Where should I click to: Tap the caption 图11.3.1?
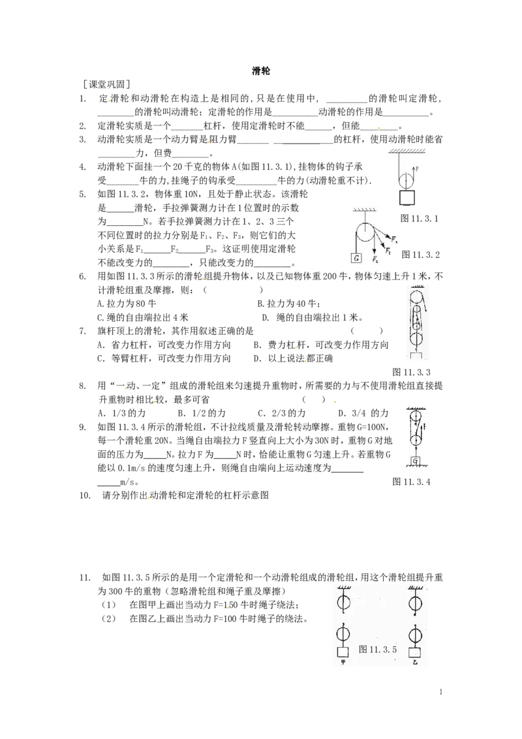[x=420, y=218]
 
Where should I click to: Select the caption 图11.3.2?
[x=421, y=255]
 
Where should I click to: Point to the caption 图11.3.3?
[x=411, y=372]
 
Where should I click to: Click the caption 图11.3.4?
[x=411, y=481]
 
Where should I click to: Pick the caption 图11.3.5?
[x=378, y=650]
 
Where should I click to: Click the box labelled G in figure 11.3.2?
[x=357, y=258]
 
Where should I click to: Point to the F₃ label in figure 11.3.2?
[x=375, y=259]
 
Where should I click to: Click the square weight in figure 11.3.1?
[x=407, y=198]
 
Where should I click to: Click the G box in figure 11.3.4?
[x=416, y=460]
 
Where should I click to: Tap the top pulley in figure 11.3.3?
[x=416, y=298]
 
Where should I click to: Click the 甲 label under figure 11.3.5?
[x=343, y=662]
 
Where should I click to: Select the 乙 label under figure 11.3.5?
[x=414, y=662]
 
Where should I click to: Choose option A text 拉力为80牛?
[x=127, y=304]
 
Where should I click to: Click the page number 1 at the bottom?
[x=441, y=692]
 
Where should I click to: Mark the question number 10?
[x=84, y=495]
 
